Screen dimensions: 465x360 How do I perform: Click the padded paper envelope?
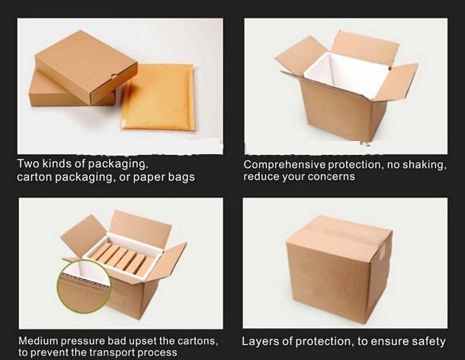157,96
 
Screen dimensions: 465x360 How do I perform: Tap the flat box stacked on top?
86,67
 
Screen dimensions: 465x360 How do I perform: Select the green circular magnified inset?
85,287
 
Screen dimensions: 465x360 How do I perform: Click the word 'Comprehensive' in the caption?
285,165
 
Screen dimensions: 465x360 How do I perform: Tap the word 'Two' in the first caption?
27,163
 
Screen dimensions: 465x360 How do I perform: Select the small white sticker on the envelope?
124,122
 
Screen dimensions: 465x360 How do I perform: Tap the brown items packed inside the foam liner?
122,259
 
